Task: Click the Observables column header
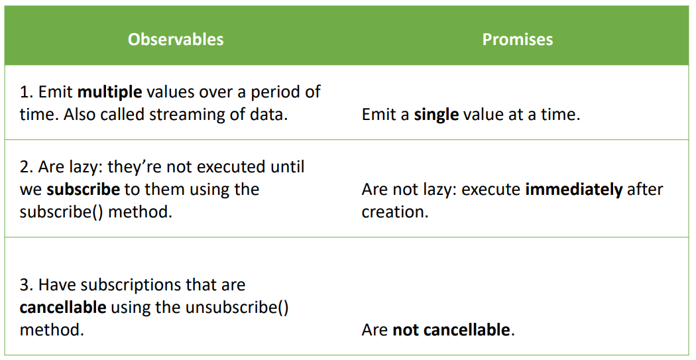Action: click(176, 40)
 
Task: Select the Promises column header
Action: click(518, 40)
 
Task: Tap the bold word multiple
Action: click(109, 92)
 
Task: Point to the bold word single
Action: click(436, 115)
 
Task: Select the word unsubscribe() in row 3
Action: click(237, 307)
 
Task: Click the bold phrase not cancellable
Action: click(451, 330)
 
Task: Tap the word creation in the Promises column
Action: click(394, 212)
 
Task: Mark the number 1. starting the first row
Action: click(27, 92)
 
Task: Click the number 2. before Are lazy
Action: click(27, 167)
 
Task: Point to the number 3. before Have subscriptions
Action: click(27, 284)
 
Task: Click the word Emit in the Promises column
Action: click(381, 115)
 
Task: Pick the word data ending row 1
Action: click(270, 115)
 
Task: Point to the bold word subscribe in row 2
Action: click(84, 190)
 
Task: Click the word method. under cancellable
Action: click(52, 330)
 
